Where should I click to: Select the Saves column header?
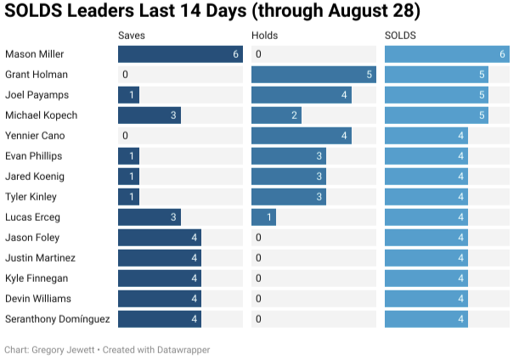click(x=132, y=36)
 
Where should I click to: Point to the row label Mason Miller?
click(x=34, y=54)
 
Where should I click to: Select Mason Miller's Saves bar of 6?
click(x=180, y=54)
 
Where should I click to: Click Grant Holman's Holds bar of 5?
click(x=313, y=75)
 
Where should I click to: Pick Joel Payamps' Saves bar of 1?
click(x=128, y=95)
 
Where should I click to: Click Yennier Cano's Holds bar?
click(x=302, y=136)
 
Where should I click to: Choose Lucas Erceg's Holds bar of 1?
click(x=263, y=217)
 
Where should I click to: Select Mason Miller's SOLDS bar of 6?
click(x=448, y=54)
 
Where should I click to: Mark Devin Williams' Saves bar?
click(x=160, y=299)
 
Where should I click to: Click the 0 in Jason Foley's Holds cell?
click(x=257, y=238)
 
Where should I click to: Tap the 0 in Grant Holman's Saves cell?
click(x=125, y=75)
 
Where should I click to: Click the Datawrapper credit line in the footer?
click(x=107, y=349)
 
